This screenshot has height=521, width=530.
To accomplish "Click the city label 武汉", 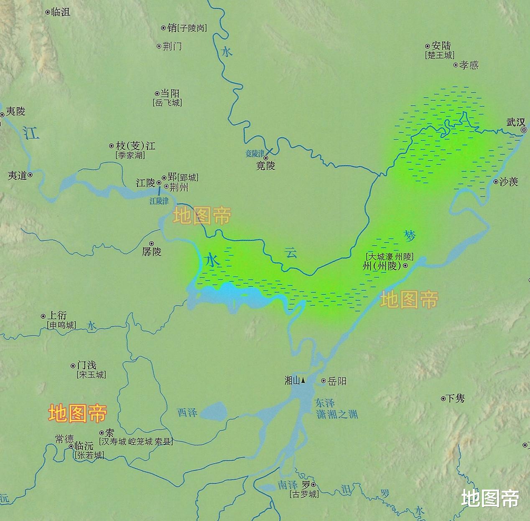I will pos(515,122).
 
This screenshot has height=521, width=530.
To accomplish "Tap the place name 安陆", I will pos(441,46).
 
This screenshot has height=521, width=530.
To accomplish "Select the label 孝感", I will pos(469,65).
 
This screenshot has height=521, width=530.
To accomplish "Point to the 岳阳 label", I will pos(337,381).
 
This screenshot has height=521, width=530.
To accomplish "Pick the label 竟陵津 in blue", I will pos(255,154).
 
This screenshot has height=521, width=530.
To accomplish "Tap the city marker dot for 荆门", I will pos(159,46).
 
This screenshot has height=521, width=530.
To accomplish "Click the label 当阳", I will pos(170,94).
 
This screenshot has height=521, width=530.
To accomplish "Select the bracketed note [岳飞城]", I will pos(167,103).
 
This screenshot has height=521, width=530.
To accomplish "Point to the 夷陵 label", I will pos(16,111).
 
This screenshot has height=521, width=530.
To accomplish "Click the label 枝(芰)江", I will pos(135,146).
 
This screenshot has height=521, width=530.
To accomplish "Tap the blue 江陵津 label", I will pos(159,201).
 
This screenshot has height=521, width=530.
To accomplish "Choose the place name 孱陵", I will pos(152,252).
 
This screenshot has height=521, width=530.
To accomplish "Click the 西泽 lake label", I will pos(187,412).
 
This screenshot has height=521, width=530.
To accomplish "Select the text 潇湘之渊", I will pos(337,414).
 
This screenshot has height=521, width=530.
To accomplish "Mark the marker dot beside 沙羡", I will pos(496,182).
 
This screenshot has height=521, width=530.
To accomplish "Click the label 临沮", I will pos(60,12).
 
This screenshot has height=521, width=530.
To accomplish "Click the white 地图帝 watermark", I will pos(490,498).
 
